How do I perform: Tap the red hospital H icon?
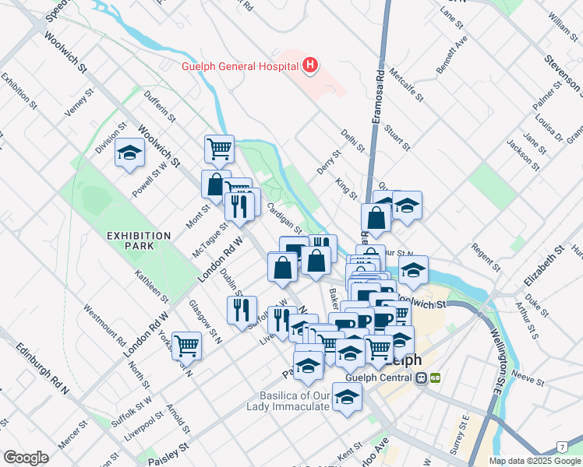(x=310, y=65)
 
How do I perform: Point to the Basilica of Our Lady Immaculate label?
(x=288, y=401)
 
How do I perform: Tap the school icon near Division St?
(x=129, y=153)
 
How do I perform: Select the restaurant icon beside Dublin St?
(x=242, y=309)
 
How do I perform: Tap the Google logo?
(x=26, y=458)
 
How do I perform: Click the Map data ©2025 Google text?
(x=535, y=461)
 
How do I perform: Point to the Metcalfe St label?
(x=408, y=87)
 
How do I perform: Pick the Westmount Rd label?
(x=101, y=326)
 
